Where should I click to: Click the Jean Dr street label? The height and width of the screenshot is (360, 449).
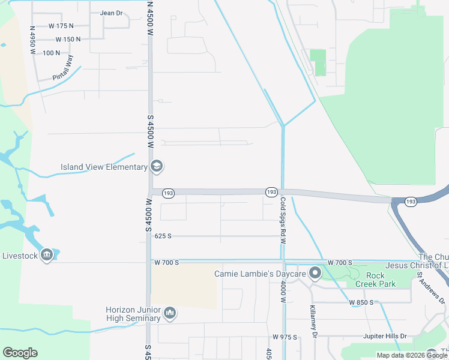(x=111, y=13)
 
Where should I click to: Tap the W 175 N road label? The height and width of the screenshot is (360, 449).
(x=61, y=26)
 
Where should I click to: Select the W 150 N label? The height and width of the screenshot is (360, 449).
(x=68, y=40)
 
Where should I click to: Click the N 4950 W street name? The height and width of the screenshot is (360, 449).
(x=33, y=40)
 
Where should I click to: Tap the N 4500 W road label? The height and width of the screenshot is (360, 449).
(x=150, y=18)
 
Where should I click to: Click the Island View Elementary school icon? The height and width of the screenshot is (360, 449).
(x=157, y=167)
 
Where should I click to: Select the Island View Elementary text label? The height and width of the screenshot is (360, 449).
(x=104, y=167)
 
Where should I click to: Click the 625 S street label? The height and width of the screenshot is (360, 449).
(x=163, y=236)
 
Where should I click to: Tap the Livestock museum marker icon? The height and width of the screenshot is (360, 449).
(x=47, y=256)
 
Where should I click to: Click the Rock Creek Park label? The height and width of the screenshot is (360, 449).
(x=376, y=280)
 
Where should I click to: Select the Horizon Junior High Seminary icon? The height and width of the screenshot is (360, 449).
(x=170, y=313)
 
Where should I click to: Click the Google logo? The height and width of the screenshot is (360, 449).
(x=20, y=353)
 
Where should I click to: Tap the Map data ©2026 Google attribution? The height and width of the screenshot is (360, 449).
(x=412, y=355)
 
